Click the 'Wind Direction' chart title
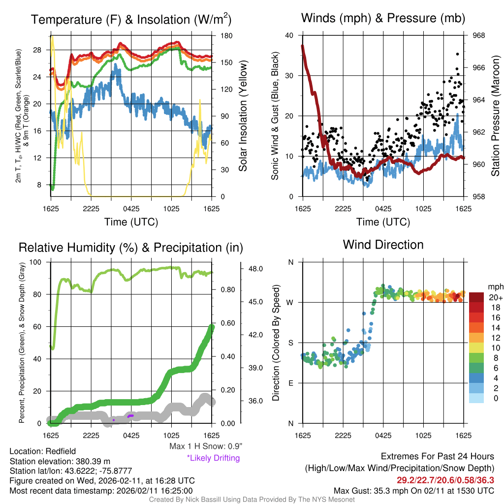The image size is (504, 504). (383, 245)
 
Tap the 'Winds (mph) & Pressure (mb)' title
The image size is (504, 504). (383, 19)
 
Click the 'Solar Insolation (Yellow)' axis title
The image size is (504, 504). (243, 116)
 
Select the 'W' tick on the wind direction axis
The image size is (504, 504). (290, 302)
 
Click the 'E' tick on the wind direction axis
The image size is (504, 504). (291, 383)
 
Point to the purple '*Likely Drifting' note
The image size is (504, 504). (213, 458)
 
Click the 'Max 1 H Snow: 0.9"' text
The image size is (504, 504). (206, 446)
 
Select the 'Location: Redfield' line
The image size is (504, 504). (42, 451)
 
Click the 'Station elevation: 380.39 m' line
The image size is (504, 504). (59, 461)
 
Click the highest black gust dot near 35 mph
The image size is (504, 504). (457, 54)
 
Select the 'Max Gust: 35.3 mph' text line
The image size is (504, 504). (413, 490)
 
